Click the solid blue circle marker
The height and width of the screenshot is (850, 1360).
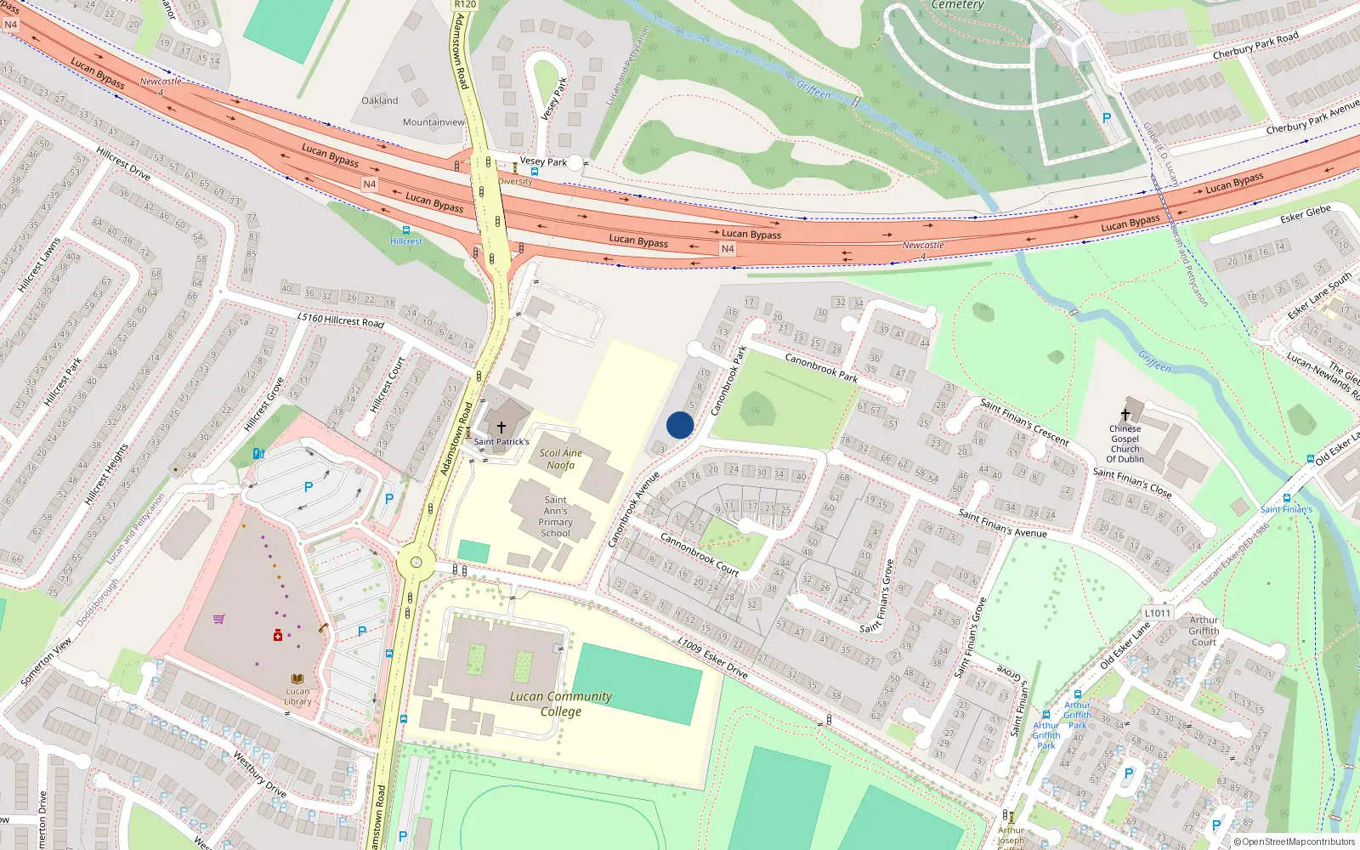(x=680, y=425)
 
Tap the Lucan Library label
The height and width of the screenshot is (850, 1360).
(x=297, y=696)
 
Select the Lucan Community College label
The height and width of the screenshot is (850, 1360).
(x=561, y=704)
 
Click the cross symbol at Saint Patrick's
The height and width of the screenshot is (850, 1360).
(x=501, y=428)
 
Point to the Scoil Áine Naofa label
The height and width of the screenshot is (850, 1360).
(x=561, y=459)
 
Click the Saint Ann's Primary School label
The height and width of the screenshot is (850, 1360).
(x=556, y=517)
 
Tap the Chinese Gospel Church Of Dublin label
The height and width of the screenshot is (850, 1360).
(x=1125, y=444)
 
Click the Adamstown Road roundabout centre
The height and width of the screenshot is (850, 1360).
(x=416, y=562)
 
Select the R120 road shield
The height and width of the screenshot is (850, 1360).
(x=465, y=4)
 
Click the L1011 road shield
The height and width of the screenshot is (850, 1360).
(x=1158, y=613)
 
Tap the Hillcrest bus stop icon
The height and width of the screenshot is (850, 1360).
(x=406, y=230)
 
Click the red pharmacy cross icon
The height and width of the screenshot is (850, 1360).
(x=277, y=635)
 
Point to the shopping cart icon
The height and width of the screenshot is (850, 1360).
(x=219, y=619)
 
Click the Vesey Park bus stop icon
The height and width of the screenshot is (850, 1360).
(x=534, y=172)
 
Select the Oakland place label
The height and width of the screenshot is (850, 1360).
(x=379, y=100)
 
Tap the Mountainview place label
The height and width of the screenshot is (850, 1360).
(x=433, y=122)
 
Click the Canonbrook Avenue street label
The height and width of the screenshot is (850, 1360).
(x=634, y=510)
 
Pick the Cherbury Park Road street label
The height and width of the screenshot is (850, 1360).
(x=1255, y=47)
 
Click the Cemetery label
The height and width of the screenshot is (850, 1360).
(x=957, y=5)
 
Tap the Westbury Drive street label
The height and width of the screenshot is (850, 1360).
(x=259, y=773)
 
